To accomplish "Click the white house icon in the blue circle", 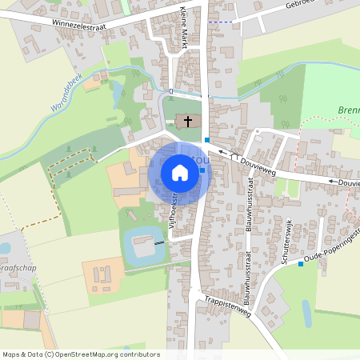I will pyautogui.click(x=179, y=172).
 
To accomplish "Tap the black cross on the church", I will pyautogui.click(x=188, y=122).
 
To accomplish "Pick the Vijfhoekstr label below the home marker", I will pyautogui.click(x=170, y=204).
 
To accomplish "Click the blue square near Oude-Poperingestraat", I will pyautogui.click(x=301, y=264).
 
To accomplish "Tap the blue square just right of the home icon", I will pyautogui.click(x=202, y=170).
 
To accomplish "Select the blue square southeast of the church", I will pyautogui.click(x=206, y=139).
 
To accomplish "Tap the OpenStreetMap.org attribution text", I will pyautogui.click(x=104, y=354).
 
